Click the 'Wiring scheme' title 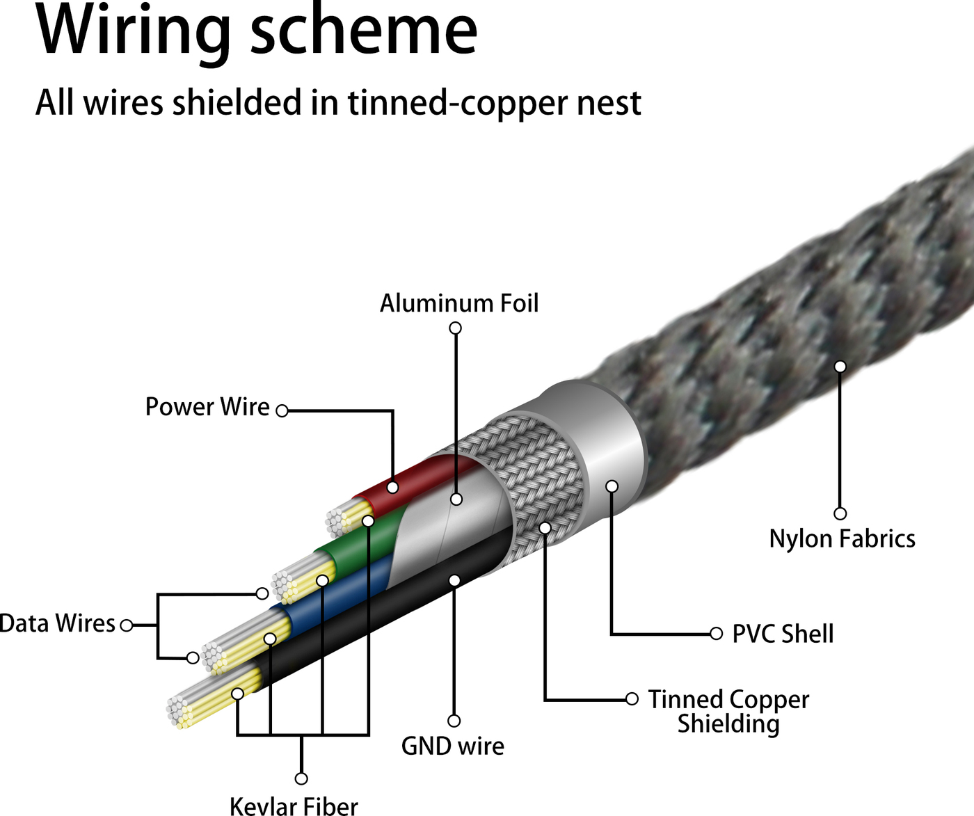pos(256,31)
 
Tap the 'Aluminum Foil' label pos(459,303)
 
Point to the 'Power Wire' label pos(207,407)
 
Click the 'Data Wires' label pos(57,623)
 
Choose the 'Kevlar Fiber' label pos(294,806)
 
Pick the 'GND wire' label pos(453,746)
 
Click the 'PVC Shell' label pos(783,634)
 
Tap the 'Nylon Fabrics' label pos(842,539)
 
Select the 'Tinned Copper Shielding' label pos(728,711)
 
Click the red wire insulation pos(417,480)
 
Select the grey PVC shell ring pos(605,445)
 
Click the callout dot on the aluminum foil pos(456,499)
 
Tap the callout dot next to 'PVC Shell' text pos(716,634)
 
